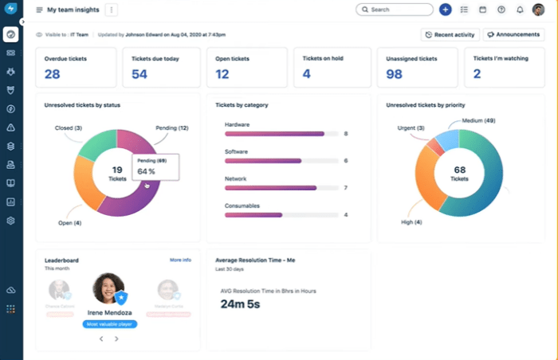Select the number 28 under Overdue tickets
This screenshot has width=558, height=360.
click(x=53, y=74)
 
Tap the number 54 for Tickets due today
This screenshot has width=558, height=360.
click(x=139, y=74)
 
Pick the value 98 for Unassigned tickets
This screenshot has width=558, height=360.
click(x=394, y=74)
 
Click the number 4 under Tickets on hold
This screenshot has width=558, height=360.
click(x=306, y=74)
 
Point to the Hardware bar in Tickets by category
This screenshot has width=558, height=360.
click(x=274, y=134)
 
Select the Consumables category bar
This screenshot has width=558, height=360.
click(x=253, y=214)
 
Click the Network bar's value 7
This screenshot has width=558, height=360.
click(x=345, y=188)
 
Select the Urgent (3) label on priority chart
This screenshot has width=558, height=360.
click(x=410, y=127)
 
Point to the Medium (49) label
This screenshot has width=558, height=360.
click(x=478, y=120)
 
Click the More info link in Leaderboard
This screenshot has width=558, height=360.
click(x=180, y=260)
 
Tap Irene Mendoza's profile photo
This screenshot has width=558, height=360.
click(x=110, y=290)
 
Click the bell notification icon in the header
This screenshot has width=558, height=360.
click(x=520, y=10)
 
